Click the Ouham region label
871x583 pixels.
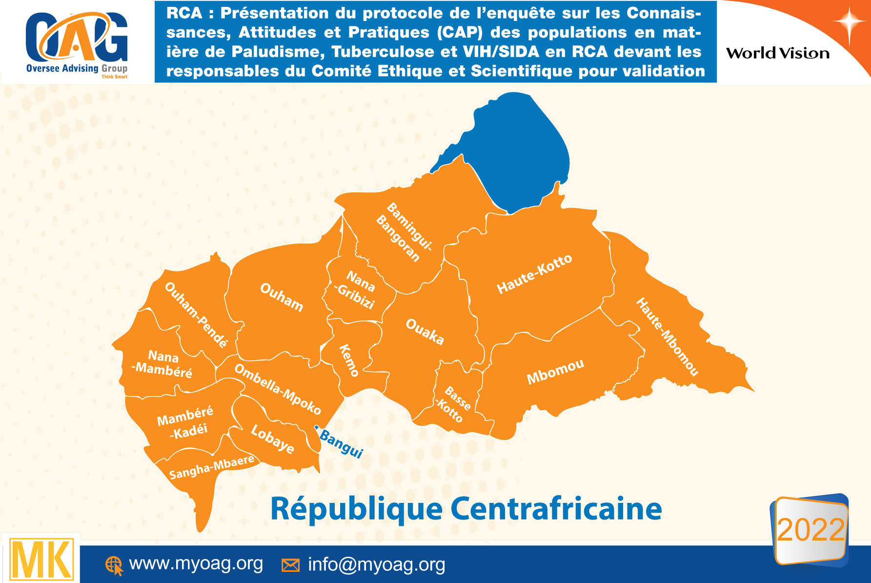[x=282, y=296]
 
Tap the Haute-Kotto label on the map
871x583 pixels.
[x=534, y=274]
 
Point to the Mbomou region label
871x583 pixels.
[x=555, y=372]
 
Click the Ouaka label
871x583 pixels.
[x=425, y=332]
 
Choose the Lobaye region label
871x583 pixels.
[x=272, y=439]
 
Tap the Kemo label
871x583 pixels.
[x=349, y=360]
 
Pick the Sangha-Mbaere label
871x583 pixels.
[x=212, y=467]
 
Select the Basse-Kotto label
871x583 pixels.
[x=454, y=404]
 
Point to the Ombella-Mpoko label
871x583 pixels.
[x=278, y=389]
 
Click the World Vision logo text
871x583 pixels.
[x=778, y=53]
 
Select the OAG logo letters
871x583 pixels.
[x=77, y=38]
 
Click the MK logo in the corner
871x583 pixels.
[x=41, y=560]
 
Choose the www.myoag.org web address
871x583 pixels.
[x=196, y=563]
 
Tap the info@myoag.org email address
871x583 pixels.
[x=376, y=564]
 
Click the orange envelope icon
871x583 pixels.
[x=290, y=565]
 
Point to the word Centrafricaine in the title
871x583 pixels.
[x=556, y=509]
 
